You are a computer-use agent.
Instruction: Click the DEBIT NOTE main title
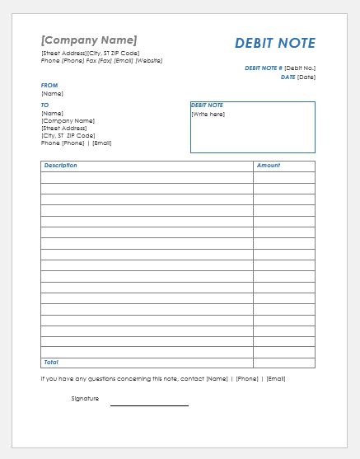point(274,44)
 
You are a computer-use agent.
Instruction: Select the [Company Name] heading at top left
point(89,40)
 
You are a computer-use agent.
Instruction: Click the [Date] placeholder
point(306,77)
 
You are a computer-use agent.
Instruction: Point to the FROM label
point(49,85)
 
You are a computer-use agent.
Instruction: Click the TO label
point(45,105)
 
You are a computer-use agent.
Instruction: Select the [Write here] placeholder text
point(208,115)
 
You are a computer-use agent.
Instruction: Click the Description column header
point(61,166)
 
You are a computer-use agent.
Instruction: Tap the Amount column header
point(269,166)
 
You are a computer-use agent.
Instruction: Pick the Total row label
point(51,363)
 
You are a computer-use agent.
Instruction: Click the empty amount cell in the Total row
point(283,363)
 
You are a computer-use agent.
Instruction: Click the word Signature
point(85,399)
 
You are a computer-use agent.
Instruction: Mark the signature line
point(149,405)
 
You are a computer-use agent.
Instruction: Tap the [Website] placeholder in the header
point(149,60)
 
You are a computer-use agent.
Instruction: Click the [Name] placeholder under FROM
point(52,93)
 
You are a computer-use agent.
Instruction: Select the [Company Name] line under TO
point(68,121)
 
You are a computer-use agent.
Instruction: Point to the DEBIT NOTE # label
point(263,68)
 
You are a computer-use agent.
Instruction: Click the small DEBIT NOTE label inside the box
point(207,105)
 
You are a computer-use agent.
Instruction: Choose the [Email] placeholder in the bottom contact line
point(275,379)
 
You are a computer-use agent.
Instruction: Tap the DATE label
point(288,77)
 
